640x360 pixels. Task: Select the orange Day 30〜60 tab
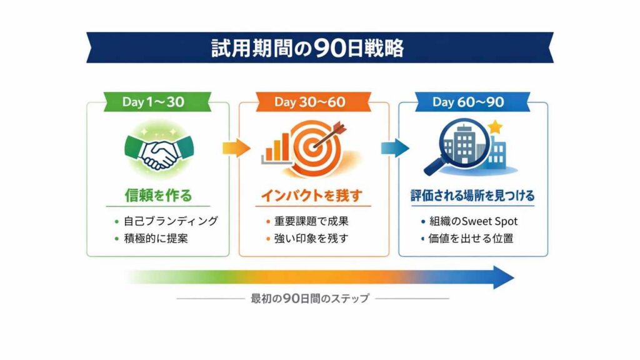[x=309, y=102]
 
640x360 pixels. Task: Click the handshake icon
[x=157, y=151]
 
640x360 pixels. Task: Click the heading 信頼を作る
[x=157, y=196]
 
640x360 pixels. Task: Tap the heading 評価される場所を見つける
[x=472, y=196]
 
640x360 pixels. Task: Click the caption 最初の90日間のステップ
[x=310, y=298]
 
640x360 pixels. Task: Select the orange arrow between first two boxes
[x=235, y=147]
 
